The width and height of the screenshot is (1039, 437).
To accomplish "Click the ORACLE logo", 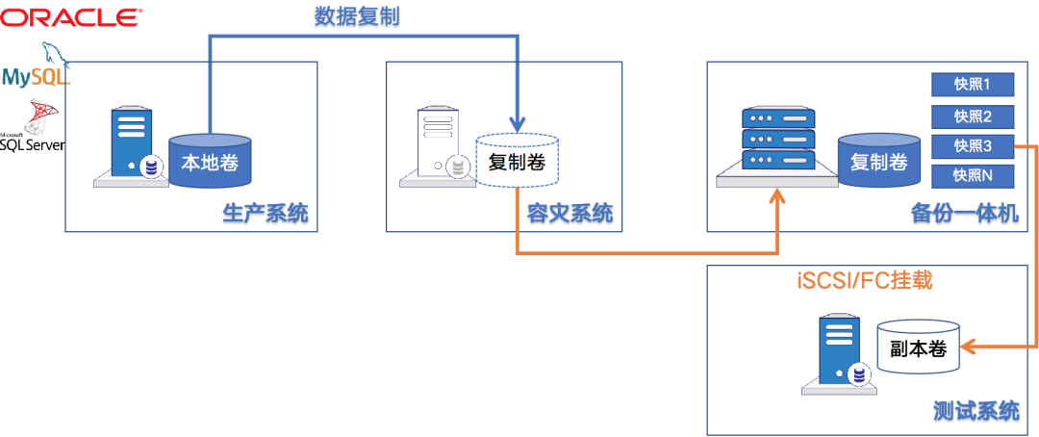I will [73, 16].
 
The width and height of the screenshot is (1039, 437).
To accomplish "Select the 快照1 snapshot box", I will [973, 85].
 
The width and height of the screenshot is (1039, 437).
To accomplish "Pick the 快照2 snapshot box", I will [973, 116].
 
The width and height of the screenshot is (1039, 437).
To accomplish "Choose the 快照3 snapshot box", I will [973, 146].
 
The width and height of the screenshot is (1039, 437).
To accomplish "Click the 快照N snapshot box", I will [973, 176].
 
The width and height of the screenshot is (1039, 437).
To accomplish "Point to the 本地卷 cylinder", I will [210, 161].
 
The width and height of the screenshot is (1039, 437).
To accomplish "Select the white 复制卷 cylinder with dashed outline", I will [518, 162].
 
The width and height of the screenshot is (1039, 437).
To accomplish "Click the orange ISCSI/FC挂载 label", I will [866, 281].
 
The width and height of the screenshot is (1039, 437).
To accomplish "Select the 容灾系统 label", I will [570, 214].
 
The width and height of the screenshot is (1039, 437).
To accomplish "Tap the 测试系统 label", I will [976, 410].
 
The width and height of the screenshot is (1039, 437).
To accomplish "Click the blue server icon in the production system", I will [132, 143].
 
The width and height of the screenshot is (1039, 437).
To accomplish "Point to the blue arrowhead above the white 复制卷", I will [518, 124].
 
